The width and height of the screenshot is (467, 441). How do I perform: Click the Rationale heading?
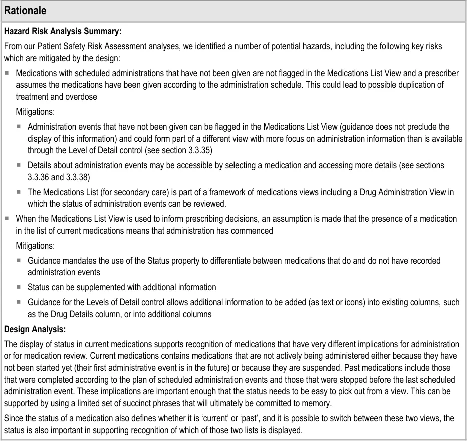coord(25,10)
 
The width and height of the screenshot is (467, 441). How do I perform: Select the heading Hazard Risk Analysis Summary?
coord(63,32)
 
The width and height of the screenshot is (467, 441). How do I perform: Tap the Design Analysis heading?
coord(35,329)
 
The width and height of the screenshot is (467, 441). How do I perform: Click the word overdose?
coord(81,97)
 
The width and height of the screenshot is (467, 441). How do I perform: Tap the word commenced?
coord(255,231)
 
